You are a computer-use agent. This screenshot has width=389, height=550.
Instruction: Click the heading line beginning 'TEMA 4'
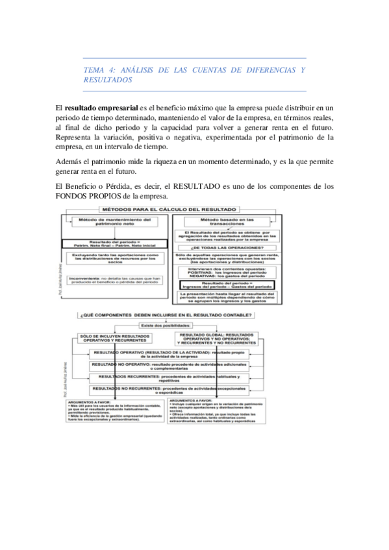pos(195,69)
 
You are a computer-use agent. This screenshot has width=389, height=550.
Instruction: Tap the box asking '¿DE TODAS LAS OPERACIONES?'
pos(227,248)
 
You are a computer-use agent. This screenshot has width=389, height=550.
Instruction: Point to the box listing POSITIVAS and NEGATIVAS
pos(227,270)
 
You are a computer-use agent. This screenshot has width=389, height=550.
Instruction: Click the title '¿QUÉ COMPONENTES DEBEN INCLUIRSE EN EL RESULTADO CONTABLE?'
pos(167,315)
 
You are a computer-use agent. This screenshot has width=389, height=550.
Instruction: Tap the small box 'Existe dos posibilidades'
pos(167,325)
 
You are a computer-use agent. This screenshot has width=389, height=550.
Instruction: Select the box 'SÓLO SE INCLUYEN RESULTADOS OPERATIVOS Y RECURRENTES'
pos(112,338)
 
